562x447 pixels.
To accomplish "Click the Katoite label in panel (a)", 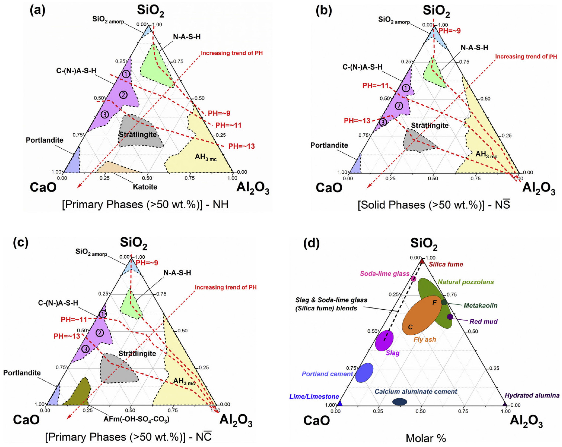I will coord(145,187).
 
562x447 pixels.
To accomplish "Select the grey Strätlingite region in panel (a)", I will coord(139,132).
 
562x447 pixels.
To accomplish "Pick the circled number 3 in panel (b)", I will coord(383,122).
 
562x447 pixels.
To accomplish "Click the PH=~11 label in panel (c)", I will coord(74,320).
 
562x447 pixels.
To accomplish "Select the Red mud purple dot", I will coord(450,317).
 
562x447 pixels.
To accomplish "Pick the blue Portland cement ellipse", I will coord(364,373).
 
